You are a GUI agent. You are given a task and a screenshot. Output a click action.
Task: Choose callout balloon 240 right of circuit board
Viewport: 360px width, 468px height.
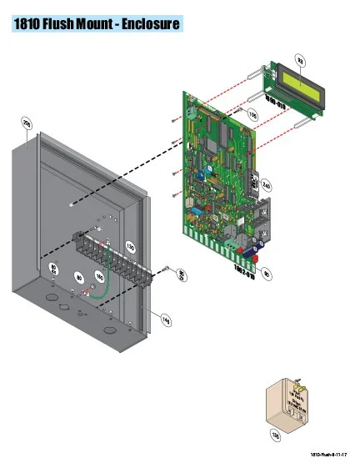(267, 184)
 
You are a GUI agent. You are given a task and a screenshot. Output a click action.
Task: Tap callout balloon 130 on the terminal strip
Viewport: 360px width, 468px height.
(130, 246)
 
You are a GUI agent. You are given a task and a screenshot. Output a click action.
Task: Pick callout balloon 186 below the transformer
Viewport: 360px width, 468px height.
(275, 434)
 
